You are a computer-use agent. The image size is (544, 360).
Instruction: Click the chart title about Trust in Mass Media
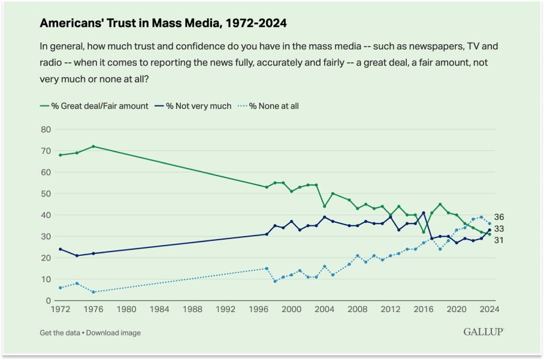[x=163, y=23]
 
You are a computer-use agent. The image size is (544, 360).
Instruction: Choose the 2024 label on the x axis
[x=489, y=310]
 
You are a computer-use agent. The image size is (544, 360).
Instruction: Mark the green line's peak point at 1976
[x=93, y=146]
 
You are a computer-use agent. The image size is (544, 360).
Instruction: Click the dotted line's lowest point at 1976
[x=93, y=292]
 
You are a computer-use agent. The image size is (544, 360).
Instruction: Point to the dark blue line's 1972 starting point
[x=60, y=249]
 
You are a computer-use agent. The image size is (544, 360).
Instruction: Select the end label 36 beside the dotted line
[x=499, y=217]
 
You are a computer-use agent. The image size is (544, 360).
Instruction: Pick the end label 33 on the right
[x=499, y=229]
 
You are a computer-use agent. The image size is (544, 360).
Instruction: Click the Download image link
[x=114, y=332]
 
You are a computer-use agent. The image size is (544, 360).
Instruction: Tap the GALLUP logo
[x=483, y=332]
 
